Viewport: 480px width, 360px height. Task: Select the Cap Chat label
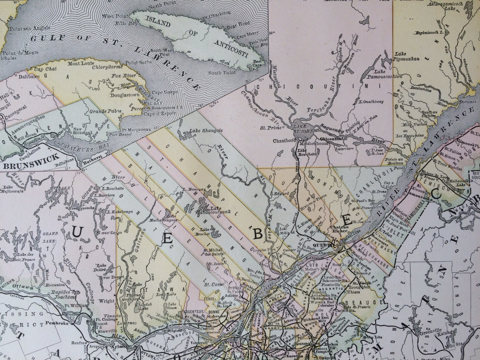pos(43,69)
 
